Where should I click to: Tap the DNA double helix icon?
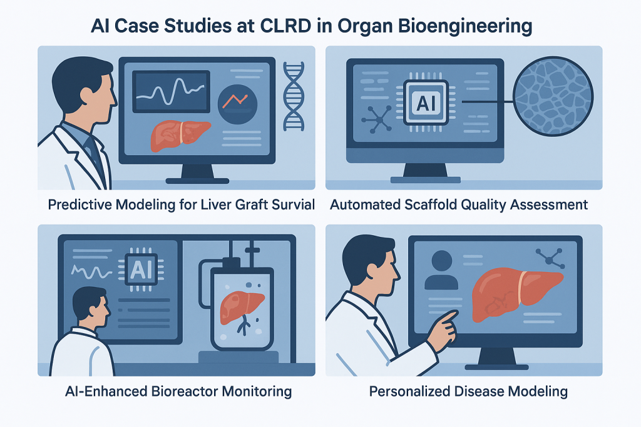(x=294, y=96)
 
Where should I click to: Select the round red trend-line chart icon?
(x=237, y=104)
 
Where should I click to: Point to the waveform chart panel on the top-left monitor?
(x=172, y=91)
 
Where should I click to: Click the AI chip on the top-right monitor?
(x=426, y=102)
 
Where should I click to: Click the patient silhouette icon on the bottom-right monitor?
(x=441, y=270)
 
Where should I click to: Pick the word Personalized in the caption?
(x=409, y=391)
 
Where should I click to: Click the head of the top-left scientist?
(x=85, y=90)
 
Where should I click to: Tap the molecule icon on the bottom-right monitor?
(x=550, y=258)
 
